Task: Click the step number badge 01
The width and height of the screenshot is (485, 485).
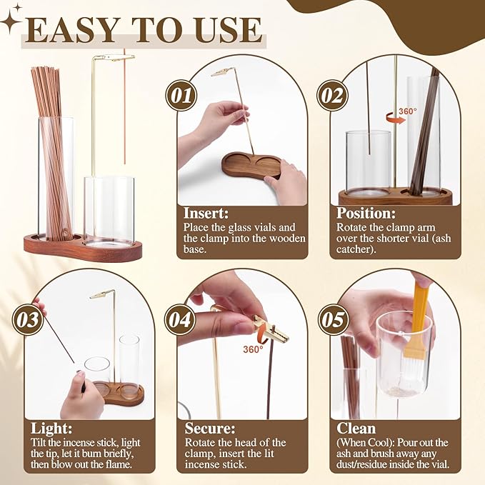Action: tap(181, 94)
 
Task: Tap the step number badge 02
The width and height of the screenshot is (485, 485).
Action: tap(333, 94)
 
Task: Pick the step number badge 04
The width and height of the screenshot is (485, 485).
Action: tap(180, 319)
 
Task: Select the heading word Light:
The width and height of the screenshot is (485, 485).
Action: tap(52, 428)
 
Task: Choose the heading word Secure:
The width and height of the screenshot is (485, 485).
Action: tap(211, 428)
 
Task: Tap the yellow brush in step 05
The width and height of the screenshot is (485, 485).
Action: tap(419, 325)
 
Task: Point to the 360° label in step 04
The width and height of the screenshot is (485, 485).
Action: tap(253, 349)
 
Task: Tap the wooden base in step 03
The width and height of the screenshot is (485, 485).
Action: tap(119, 393)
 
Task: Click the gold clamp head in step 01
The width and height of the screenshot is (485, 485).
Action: tap(221, 72)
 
